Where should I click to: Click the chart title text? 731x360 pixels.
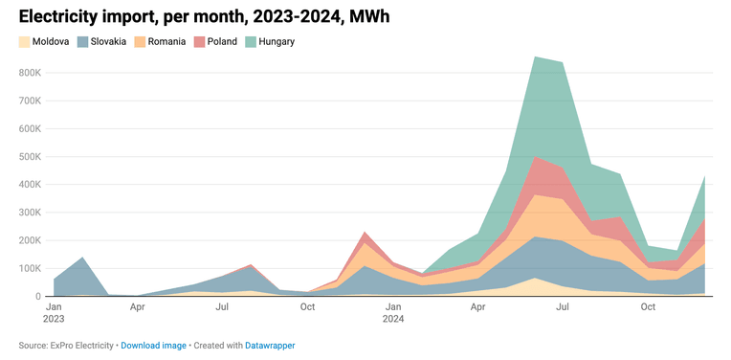(204, 17)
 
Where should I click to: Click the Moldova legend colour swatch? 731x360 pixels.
(24, 41)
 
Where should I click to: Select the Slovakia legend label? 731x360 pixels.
(108, 41)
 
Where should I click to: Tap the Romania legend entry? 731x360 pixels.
(161, 41)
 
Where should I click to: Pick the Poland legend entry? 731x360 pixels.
(215, 41)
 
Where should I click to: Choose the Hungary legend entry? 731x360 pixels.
(270, 41)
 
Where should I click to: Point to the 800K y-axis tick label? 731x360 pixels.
(31, 73)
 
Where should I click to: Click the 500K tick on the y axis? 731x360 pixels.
(31, 157)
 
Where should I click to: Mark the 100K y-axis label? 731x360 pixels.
(31, 269)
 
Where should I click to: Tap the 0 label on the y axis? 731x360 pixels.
(38, 297)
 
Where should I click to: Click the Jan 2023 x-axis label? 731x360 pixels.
(55, 313)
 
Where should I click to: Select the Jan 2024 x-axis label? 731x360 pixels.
(393, 313)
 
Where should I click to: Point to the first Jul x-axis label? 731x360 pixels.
(223, 306)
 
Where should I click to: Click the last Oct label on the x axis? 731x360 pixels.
(648, 306)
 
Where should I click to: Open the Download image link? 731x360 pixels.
(153, 346)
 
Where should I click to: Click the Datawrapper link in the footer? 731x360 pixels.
(270, 346)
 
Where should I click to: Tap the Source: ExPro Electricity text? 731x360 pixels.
(66, 346)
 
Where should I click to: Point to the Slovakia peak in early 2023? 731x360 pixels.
(82, 257)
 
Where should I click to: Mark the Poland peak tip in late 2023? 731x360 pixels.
(365, 232)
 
